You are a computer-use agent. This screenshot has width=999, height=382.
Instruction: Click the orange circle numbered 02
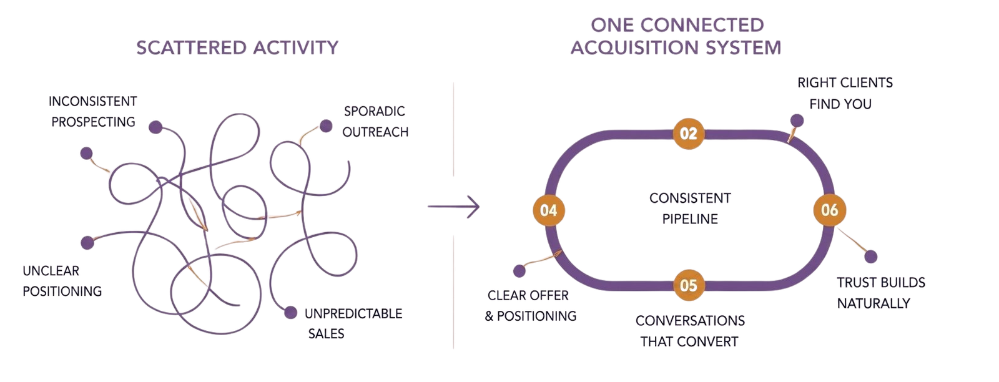pos(688,134)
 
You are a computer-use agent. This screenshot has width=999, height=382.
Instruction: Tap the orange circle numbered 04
pos(549,210)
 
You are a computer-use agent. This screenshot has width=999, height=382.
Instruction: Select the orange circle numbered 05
pos(689,285)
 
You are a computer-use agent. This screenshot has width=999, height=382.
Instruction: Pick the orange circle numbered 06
pos(830,210)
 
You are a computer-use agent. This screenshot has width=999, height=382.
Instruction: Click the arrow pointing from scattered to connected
pos(453,207)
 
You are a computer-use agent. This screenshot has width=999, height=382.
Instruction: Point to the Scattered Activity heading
pos(237,47)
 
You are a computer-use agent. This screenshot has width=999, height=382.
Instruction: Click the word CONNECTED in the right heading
pos(702,25)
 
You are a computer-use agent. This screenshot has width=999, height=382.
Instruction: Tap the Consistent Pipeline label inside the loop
pos(690,208)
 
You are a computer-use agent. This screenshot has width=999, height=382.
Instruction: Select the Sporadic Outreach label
pos(375,121)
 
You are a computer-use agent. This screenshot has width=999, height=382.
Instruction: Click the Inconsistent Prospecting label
pos(93,112)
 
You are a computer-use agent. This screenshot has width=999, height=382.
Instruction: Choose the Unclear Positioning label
pos(62,281)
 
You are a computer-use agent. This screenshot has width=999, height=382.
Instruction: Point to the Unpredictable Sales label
pos(353,323)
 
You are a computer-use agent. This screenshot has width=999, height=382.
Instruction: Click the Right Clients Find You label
pos(845,93)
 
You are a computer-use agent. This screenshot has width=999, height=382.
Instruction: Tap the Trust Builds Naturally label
pos(881,293)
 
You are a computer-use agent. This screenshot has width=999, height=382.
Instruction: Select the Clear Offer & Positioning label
pos(530,305)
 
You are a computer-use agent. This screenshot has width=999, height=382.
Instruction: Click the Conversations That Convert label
pos(690,331)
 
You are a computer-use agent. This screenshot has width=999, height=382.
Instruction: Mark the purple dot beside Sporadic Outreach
pos(326,126)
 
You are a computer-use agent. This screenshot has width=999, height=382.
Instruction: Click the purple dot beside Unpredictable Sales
pos(291,313)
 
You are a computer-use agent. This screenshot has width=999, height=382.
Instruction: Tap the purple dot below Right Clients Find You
pos(797,121)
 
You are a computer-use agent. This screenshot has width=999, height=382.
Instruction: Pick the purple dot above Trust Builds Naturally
pos(870,257)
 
